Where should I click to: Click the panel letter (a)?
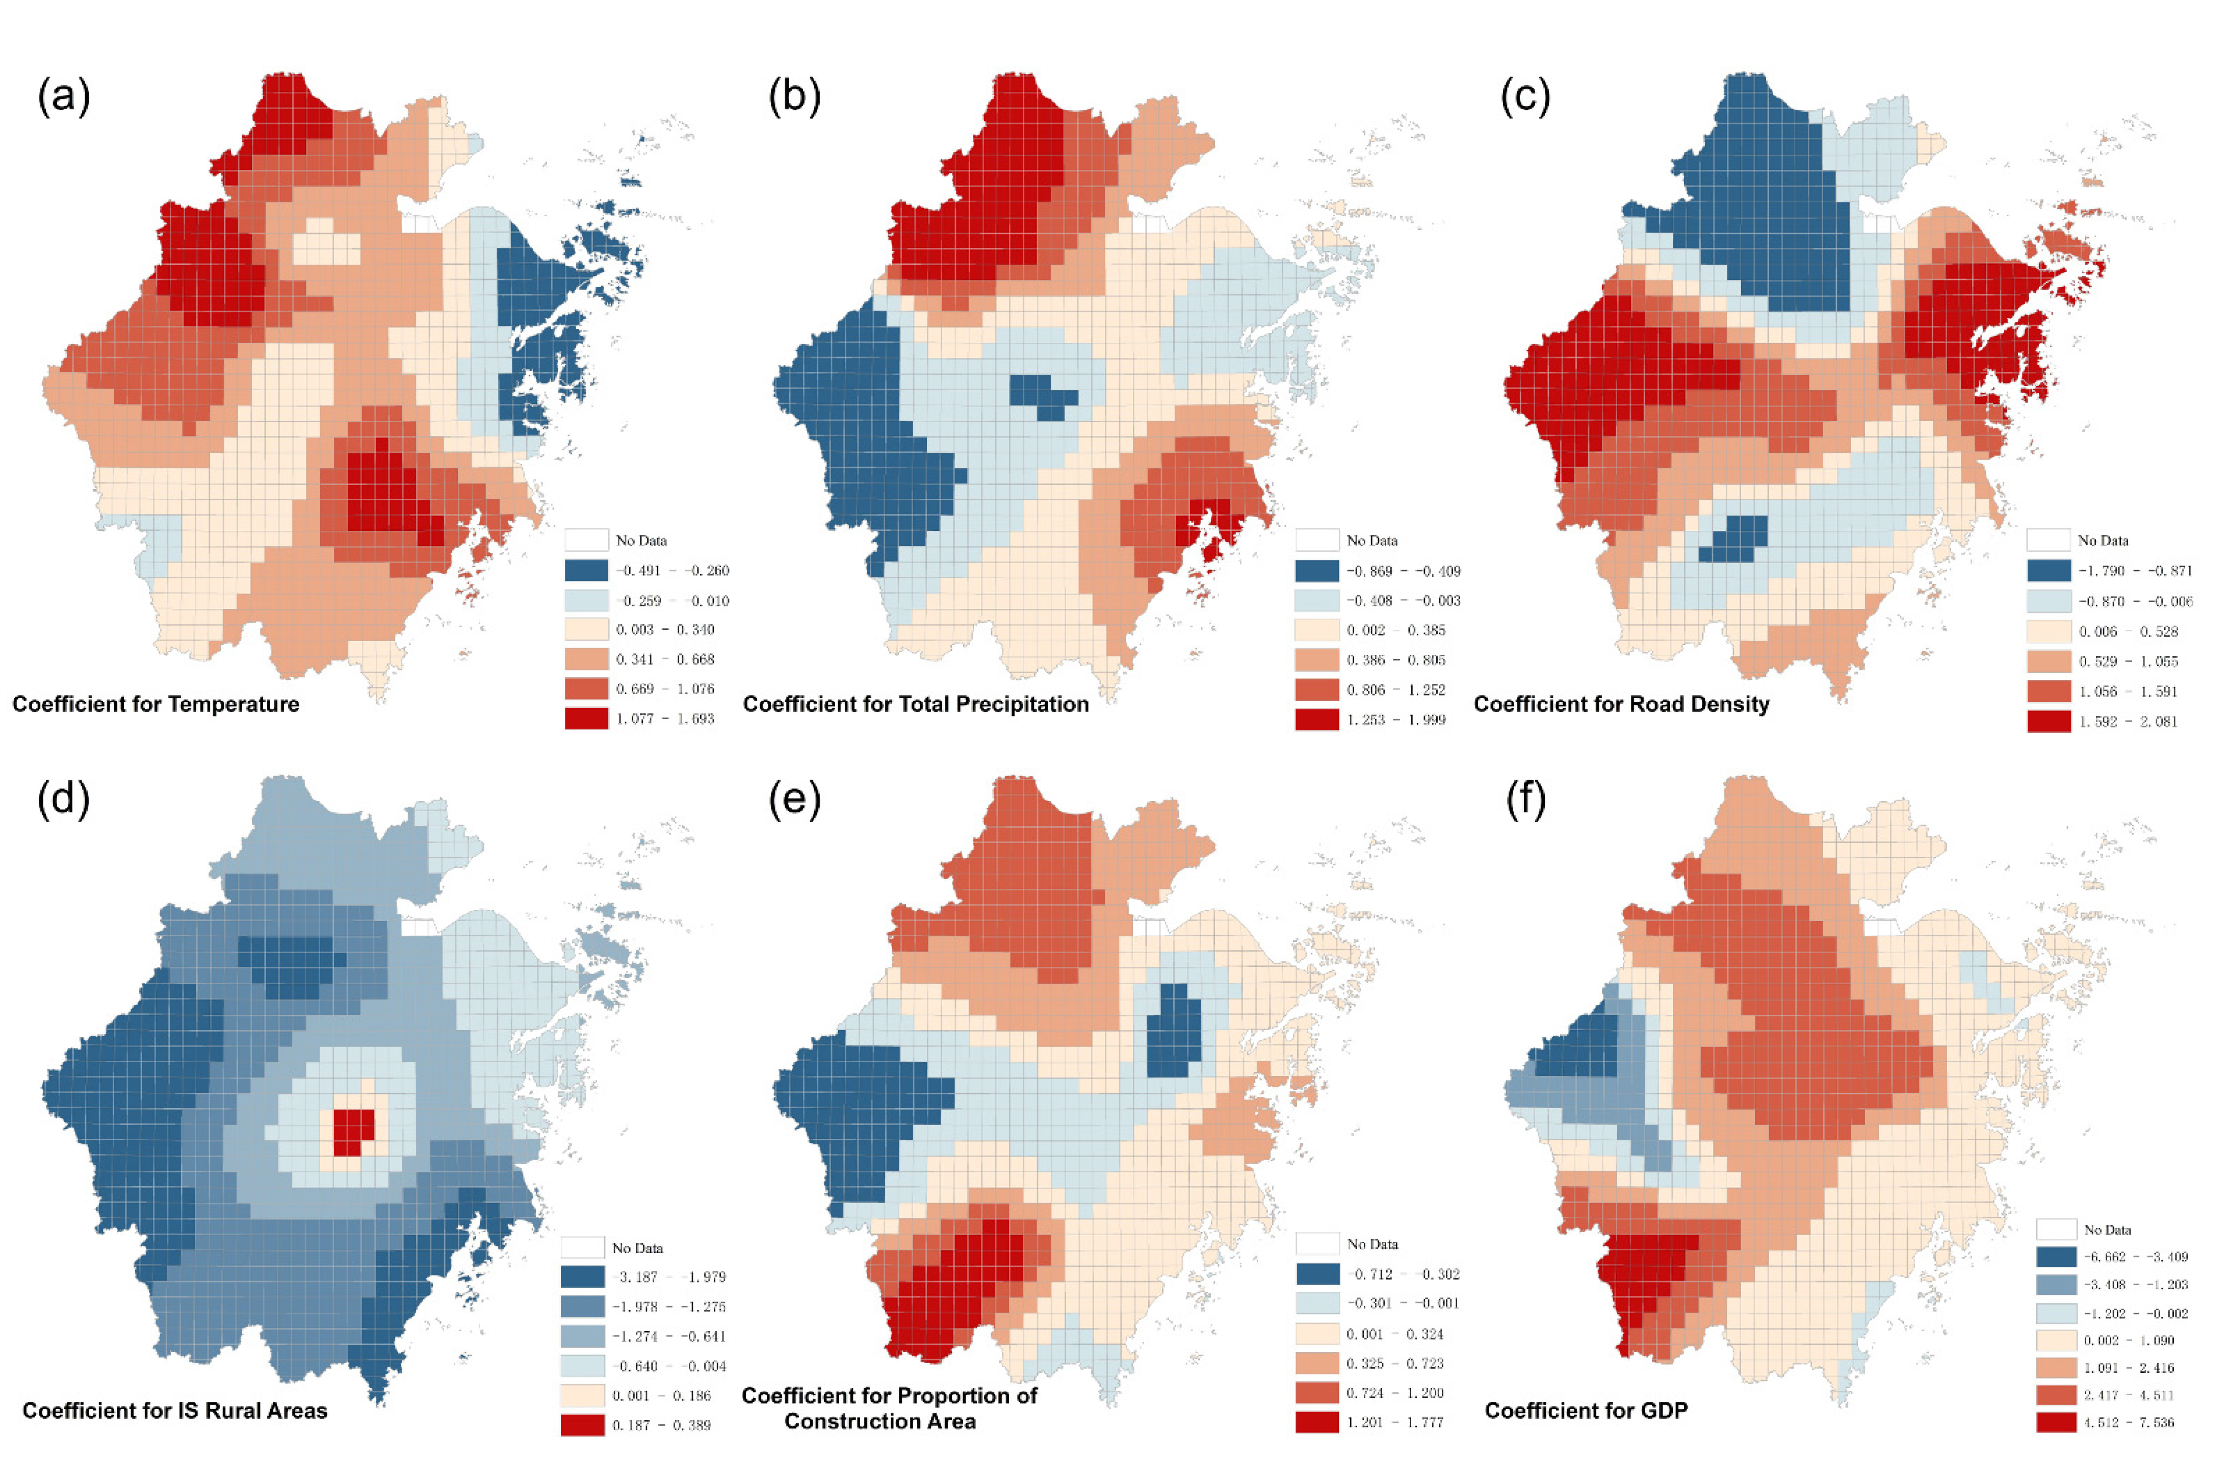[x=64, y=96]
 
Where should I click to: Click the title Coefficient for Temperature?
[x=156, y=704]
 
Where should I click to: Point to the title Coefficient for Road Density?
[x=1621, y=704]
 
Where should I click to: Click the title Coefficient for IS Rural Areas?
[x=175, y=1410]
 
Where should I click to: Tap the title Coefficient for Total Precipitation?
[x=916, y=704]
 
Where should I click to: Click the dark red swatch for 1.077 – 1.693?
[x=586, y=718]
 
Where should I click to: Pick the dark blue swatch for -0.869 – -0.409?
[x=1317, y=570]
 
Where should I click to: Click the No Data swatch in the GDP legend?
[x=2057, y=1230]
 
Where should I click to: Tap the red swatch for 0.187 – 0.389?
[x=582, y=1424]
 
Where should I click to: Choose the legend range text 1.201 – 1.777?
[x=1395, y=1421]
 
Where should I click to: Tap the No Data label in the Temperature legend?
[x=641, y=541]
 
